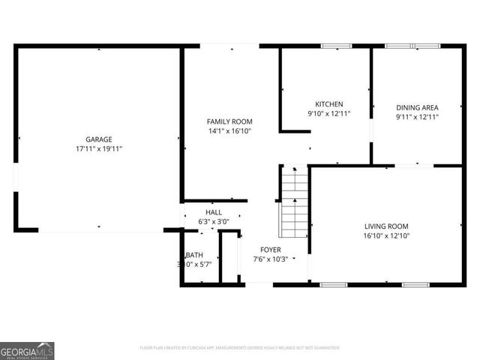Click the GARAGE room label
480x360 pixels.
coord(98,139)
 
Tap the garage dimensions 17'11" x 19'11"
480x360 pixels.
coord(98,149)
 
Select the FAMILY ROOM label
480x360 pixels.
coord(229,121)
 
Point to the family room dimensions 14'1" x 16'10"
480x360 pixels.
coord(229,131)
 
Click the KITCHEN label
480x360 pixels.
coord(328,104)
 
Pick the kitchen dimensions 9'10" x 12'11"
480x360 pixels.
coord(328,114)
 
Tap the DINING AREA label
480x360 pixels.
coord(417,107)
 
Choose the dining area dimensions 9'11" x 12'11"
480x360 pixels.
coord(417,117)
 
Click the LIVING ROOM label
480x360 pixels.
coord(386,226)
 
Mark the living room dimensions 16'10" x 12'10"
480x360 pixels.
coord(386,236)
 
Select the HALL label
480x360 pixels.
coord(214,212)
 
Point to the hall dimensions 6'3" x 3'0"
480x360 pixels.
coord(214,222)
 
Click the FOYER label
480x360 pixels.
coord(271,250)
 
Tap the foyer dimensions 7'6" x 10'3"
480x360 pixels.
coord(271,259)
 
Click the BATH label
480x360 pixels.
coord(195,255)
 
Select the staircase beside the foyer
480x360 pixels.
coord(294,201)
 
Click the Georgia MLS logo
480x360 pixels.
coord(27,350)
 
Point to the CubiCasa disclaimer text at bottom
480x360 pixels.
coord(240,348)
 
